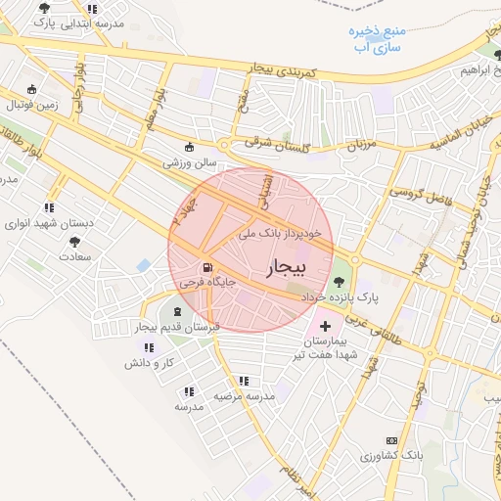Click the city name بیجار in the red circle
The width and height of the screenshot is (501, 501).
pyautogui.click(x=286, y=267)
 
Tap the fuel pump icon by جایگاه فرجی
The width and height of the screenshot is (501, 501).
pyautogui.click(x=205, y=267)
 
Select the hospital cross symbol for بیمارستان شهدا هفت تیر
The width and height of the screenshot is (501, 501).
pyautogui.click(x=326, y=324)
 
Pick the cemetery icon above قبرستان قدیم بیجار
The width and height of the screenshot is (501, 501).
pyautogui.click(x=176, y=310)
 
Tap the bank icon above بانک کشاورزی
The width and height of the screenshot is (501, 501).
pyautogui.click(x=392, y=441)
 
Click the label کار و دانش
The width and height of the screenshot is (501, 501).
pyautogui.click(x=148, y=362)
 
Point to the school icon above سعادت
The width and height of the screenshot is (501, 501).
pyautogui.click(x=73, y=240)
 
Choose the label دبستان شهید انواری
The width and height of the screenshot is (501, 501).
pyautogui.click(x=48, y=222)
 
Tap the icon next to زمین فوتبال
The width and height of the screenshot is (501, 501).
pyautogui.click(x=32, y=88)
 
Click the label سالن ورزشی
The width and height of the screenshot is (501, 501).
pyautogui.click(x=182, y=164)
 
